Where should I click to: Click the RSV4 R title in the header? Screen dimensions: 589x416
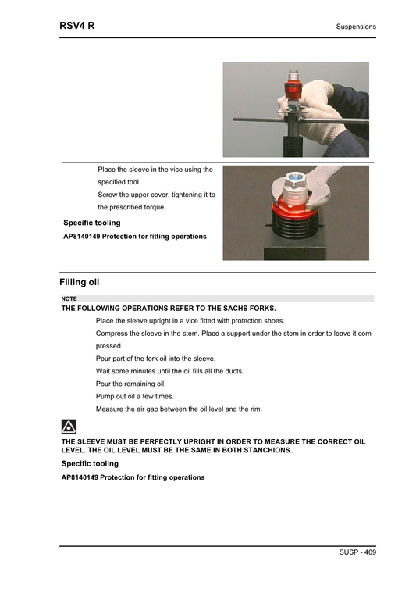point(77,26)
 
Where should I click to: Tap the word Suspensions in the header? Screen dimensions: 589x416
point(356,27)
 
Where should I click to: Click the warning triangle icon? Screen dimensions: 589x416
point(68,427)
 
